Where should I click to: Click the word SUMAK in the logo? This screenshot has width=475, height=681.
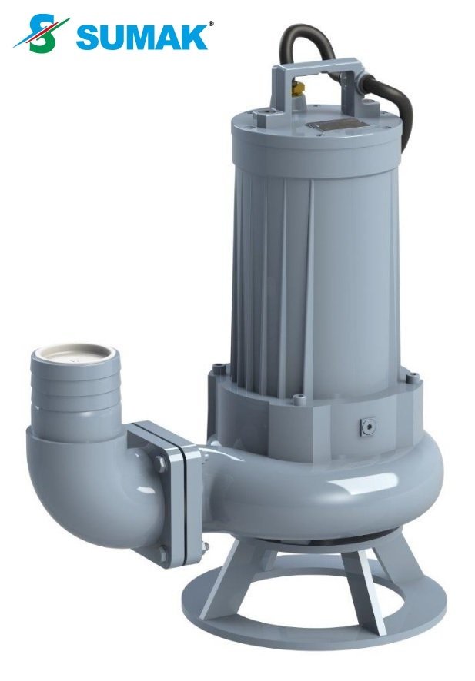tap(143, 36)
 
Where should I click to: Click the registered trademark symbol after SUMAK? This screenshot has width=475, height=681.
tap(211, 24)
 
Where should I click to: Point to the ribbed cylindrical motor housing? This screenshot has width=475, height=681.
tap(316, 254)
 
